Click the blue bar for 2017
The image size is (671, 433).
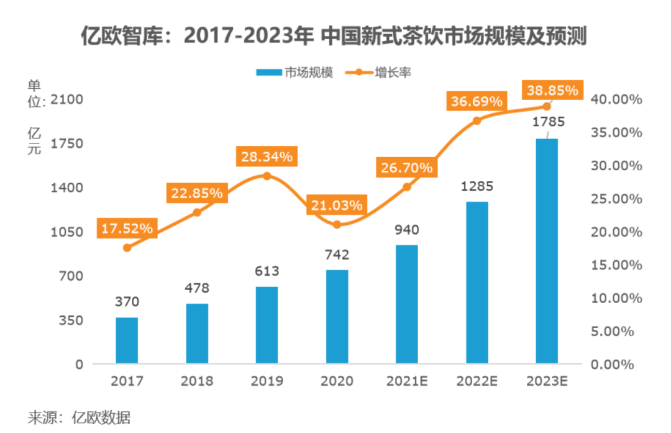coord(127,340)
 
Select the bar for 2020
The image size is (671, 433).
coord(337,317)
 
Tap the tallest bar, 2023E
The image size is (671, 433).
coord(547,251)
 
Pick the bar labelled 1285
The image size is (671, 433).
coord(477,283)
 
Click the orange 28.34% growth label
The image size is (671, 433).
coord(267,157)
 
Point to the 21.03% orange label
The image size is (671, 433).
coord(337,205)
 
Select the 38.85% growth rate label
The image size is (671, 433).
coord(552,90)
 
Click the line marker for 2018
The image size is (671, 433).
coord(197,212)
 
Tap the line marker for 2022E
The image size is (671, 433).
coord(477,121)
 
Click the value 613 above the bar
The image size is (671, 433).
coord(267,271)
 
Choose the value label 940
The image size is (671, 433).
coord(407,230)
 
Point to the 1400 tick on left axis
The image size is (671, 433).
coord(70,188)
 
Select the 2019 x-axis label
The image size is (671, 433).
coord(267,381)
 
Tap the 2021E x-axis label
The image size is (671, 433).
coord(407,381)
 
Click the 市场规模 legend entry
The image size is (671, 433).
coord(295,73)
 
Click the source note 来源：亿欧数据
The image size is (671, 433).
coord(79,417)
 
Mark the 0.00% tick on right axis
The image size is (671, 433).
coord(616,365)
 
